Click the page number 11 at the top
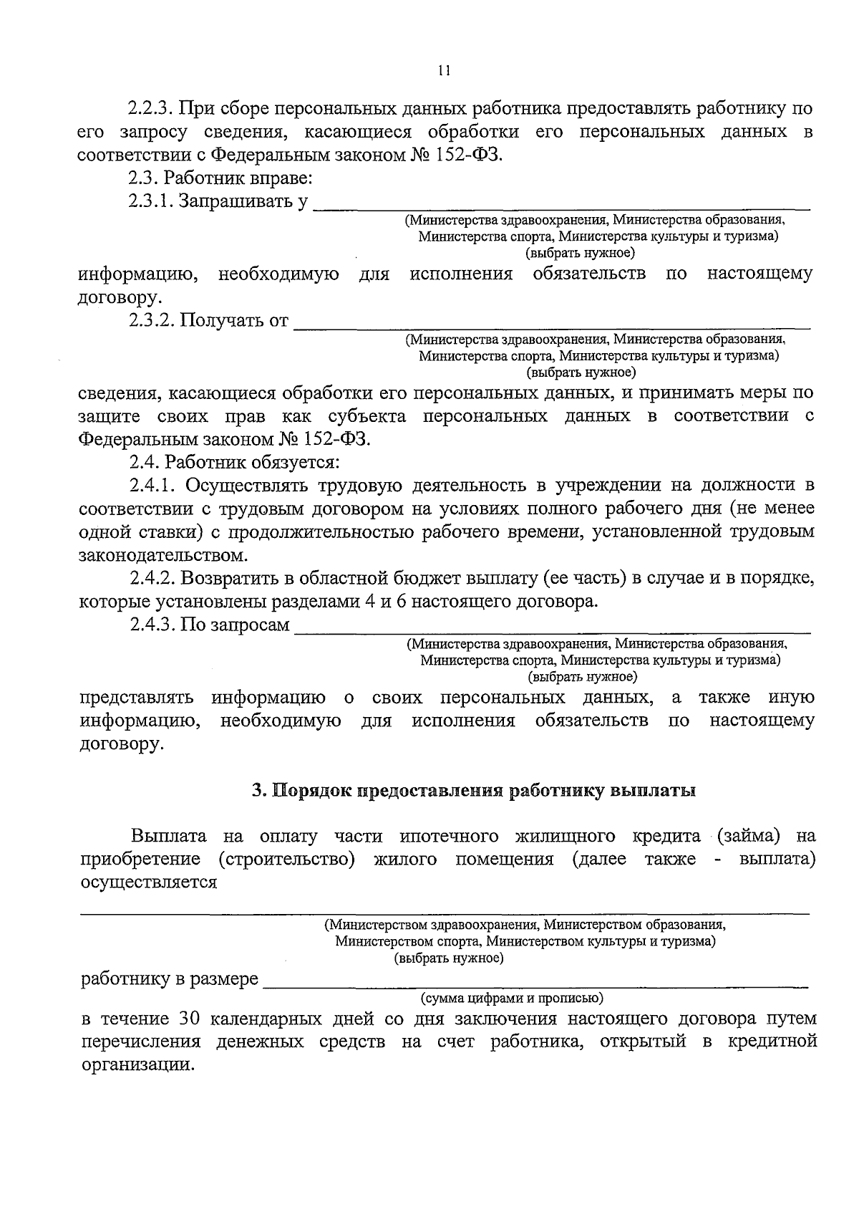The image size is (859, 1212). pyautogui.click(x=443, y=70)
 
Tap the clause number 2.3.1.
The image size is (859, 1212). pyautogui.click(x=151, y=202)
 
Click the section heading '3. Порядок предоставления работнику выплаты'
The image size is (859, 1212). pyautogui.click(x=473, y=791)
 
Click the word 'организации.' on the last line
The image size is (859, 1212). pyautogui.click(x=137, y=1064)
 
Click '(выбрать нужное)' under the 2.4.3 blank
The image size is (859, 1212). pyautogui.click(x=582, y=676)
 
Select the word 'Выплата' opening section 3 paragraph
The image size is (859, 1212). pyautogui.click(x=169, y=836)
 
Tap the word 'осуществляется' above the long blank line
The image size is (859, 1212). pyautogui.click(x=148, y=882)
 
